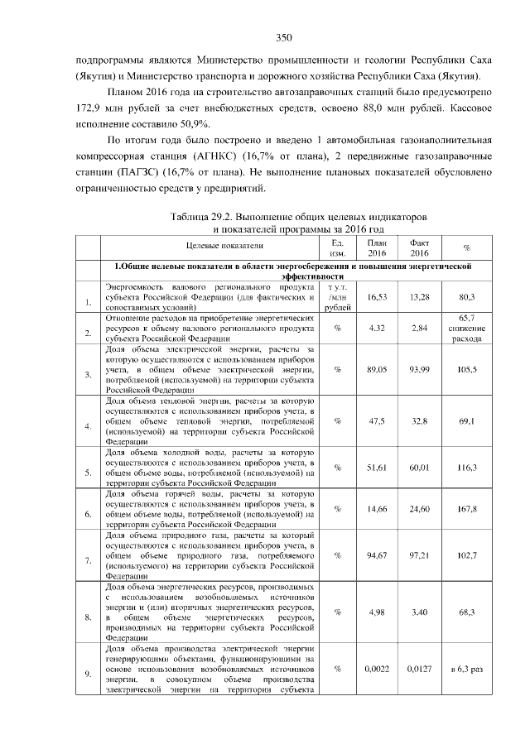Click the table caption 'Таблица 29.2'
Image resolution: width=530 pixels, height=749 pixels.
click(202, 217)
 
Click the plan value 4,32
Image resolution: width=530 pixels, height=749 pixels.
click(377, 328)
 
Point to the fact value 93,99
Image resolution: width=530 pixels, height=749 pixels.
click(420, 370)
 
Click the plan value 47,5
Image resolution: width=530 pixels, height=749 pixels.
click(377, 421)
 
